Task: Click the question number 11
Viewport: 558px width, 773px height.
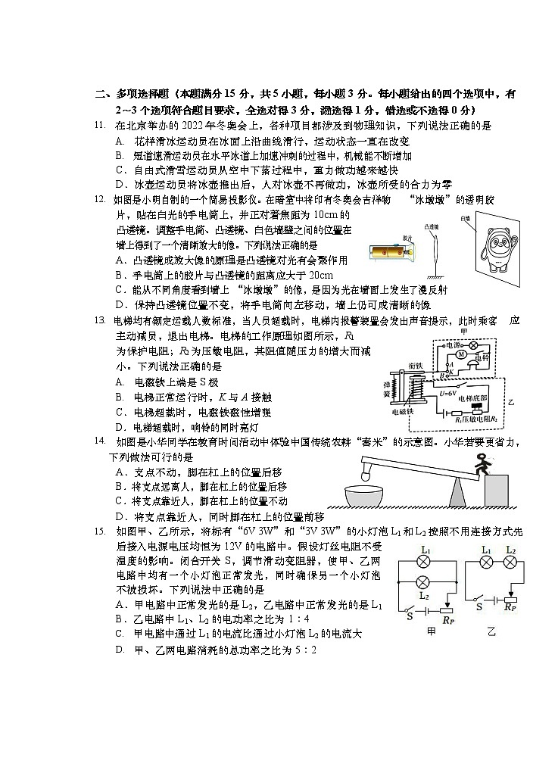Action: pos(98,126)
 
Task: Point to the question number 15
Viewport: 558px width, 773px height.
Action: pos(98,531)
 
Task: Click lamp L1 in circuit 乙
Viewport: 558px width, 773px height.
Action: pos(485,563)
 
